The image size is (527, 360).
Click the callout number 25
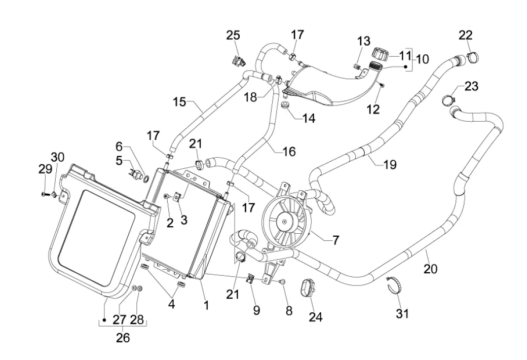click(x=233, y=35)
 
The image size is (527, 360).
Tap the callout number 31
click(x=402, y=314)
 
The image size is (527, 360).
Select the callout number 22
click(x=466, y=35)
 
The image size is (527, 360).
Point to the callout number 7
click(x=336, y=240)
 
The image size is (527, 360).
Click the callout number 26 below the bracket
click(x=123, y=337)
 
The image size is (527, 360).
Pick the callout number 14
click(x=308, y=118)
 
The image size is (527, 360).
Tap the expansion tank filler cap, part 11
click(x=380, y=53)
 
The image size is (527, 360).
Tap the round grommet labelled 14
click(x=286, y=106)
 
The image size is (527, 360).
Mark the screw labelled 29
click(x=43, y=194)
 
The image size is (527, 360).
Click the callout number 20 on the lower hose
click(x=430, y=269)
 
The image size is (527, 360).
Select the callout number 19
click(x=390, y=164)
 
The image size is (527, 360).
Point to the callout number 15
click(x=179, y=102)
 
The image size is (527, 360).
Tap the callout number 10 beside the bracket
click(x=422, y=59)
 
